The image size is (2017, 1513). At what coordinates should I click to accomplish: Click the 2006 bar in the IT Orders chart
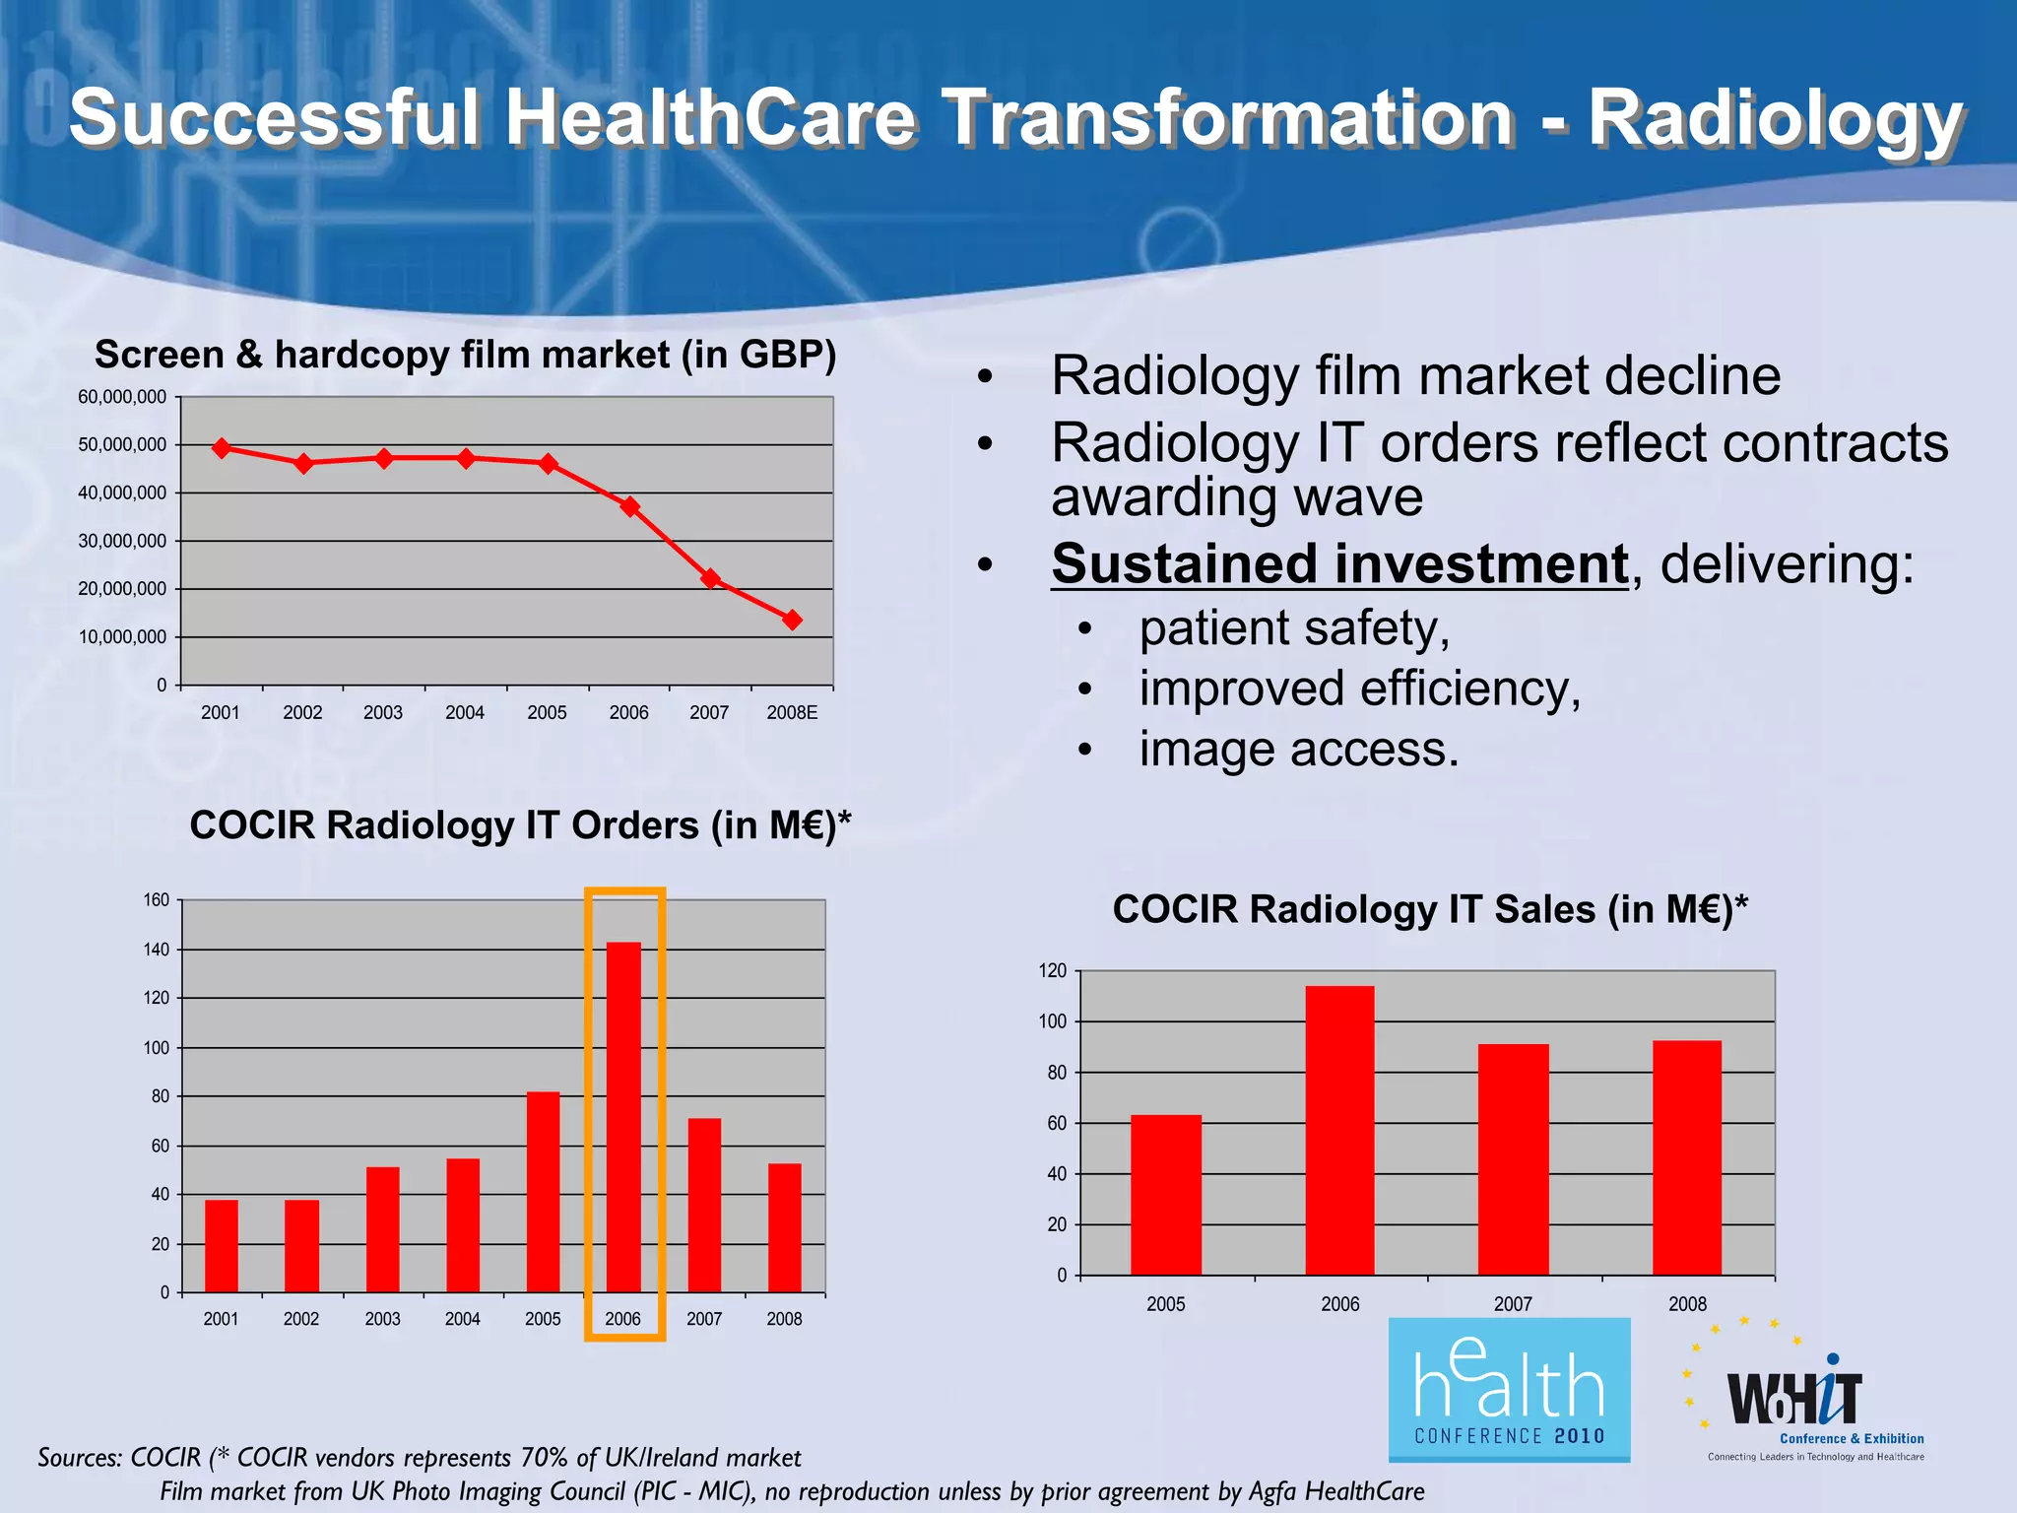[x=623, y=1118]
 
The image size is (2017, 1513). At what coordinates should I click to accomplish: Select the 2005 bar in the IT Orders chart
[x=543, y=1192]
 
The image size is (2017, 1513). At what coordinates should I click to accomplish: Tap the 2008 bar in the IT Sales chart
[x=1687, y=1157]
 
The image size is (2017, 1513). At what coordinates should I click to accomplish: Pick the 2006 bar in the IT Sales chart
[x=1339, y=1130]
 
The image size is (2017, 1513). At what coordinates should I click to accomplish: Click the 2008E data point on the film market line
[x=792, y=620]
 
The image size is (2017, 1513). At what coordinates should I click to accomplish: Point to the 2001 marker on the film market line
[x=222, y=448]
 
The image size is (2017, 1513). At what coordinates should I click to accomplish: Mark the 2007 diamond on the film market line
[x=710, y=578]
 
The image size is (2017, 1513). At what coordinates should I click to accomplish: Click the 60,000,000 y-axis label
[x=122, y=397]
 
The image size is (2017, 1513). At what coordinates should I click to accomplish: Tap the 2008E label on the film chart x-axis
[x=792, y=712]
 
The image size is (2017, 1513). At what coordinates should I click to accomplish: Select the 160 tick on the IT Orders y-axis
[x=157, y=899]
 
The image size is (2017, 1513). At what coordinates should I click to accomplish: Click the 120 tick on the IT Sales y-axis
[x=1052, y=971]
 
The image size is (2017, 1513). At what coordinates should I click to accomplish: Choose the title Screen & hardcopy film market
[x=465, y=355]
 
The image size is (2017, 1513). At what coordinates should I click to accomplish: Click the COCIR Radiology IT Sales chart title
[x=1430, y=908]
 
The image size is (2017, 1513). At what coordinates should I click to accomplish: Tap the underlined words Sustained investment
[x=1339, y=564]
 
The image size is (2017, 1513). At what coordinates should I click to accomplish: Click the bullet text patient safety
[x=1294, y=627]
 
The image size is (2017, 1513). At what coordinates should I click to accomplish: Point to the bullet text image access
[x=1298, y=750]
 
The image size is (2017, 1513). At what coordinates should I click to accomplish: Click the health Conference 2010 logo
[x=1509, y=1389]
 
